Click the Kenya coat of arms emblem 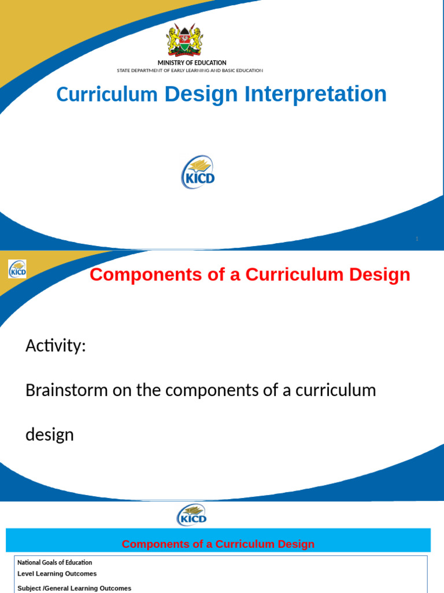(185, 40)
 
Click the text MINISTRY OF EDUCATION (192, 63)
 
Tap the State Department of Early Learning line (190, 71)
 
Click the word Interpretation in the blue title (315, 94)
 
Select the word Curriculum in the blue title (107, 94)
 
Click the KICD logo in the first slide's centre (198, 173)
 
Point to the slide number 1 (416, 239)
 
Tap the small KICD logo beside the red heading (17, 269)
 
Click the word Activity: (55, 346)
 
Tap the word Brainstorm (66, 390)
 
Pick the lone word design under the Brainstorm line (50, 435)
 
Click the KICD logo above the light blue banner (192, 515)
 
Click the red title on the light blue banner (218, 544)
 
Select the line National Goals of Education (54, 562)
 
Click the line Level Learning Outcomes (57, 574)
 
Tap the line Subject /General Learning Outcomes (74, 588)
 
